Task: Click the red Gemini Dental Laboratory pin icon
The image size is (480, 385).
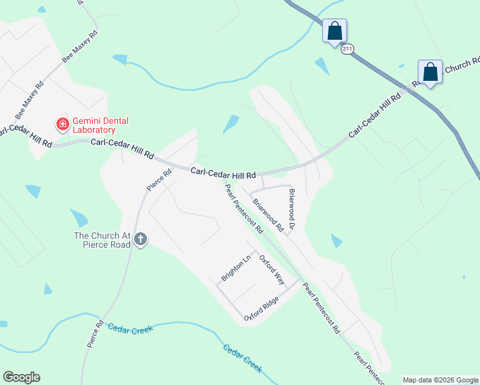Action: [x=62, y=124]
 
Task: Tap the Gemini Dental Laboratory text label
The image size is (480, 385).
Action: [x=101, y=125]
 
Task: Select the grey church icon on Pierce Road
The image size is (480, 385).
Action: [x=141, y=240]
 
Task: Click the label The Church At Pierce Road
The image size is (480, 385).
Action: [x=103, y=240]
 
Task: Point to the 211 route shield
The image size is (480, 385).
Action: [x=347, y=49]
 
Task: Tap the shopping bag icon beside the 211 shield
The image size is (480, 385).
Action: [x=334, y=31]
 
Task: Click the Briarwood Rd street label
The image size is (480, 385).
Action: [x=268, y=215]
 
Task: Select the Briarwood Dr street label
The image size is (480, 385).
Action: [x=291, y=210]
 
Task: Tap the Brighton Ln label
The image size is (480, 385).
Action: [x=236, y=269]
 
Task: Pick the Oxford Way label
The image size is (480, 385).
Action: [x=271, y=269]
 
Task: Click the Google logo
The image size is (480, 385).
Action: [x=21, y=377]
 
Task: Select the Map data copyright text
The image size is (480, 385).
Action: [x=440, y=380]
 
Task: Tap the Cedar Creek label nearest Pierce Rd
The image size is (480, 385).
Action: [x=130, y=329]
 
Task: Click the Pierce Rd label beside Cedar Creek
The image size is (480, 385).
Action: [x=95, y=334]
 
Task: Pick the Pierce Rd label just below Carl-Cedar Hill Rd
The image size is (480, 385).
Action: [x=159, y=180]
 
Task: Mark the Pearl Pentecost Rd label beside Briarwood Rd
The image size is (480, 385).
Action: [x=244, y=209]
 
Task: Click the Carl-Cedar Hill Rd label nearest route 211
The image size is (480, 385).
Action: [x=375, y=116]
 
